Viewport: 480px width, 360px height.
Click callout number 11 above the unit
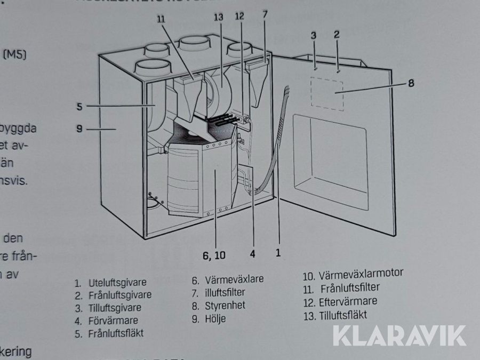[162, 19]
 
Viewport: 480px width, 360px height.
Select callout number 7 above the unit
[265, 14]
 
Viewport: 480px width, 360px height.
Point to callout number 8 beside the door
[411, 83]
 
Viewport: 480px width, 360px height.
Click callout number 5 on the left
[79, 106]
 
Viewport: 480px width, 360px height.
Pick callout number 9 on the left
[79, 129]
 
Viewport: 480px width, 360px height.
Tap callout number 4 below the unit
[253, 254]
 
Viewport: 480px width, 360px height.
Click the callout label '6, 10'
[214, 255]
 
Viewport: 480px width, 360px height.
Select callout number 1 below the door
[278, 252]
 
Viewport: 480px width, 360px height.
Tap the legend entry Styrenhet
[225, 306]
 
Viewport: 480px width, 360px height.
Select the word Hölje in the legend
[215, 319]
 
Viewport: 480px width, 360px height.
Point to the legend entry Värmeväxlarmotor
[361, 274]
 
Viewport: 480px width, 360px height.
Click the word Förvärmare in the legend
[114, 321]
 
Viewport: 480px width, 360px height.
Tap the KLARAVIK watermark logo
[399, 335]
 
